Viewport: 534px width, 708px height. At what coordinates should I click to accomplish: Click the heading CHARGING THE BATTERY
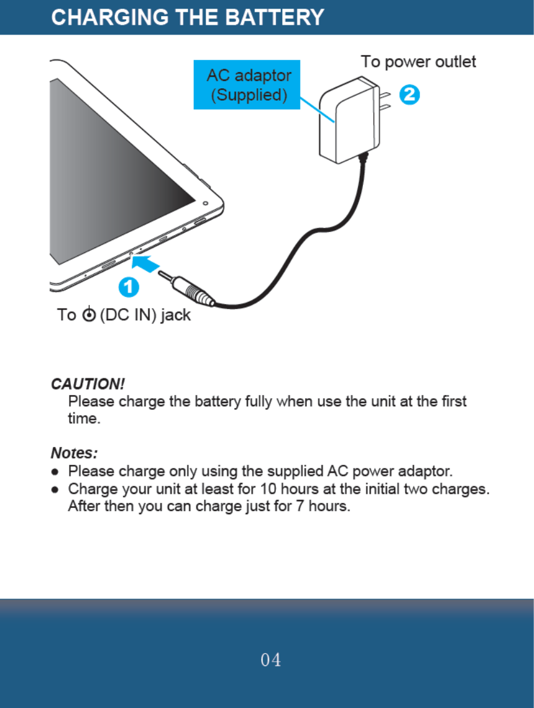click(187, 17)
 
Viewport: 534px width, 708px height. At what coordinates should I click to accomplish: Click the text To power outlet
click(419, 62)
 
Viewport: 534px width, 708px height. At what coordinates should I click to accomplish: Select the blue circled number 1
click(128, 287)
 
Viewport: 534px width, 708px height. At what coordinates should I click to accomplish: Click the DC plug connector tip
click(166, 276)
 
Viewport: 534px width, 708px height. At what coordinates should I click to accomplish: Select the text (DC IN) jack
click(145, 315)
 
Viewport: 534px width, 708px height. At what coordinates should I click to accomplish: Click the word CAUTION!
click(88, 384)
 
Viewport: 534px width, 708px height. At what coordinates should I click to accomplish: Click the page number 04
click(270, 660)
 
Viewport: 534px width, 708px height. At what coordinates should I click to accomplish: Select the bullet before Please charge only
click(56, 472)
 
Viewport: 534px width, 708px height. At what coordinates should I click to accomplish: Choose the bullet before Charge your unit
click(56, 491)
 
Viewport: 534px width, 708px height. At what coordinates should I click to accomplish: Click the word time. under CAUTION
click(83, 419)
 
